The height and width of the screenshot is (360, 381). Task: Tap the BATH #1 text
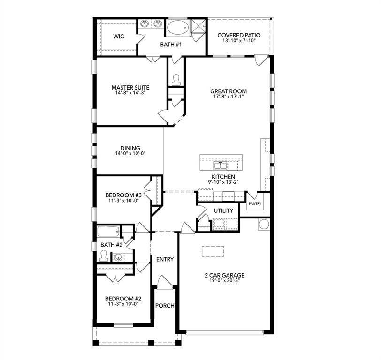(171, 45)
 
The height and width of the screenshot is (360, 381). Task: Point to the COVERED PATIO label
(239, 35)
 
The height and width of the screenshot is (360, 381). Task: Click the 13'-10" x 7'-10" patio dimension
(239, 41)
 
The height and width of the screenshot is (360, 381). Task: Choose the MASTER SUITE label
(130, 87)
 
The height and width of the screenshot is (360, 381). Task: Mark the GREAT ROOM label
(228, 91)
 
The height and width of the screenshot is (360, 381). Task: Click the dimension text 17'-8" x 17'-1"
(228, 97)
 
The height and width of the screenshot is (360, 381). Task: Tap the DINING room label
(130, 148)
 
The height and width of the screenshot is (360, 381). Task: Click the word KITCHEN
(223, 177)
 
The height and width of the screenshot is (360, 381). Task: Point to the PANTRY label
(255, 204)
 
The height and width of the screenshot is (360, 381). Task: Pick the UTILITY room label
(223, 211)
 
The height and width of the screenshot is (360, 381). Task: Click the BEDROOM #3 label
(123, 195)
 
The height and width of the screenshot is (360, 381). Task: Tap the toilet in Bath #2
(103, 256)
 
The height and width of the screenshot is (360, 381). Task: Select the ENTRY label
(165, 259)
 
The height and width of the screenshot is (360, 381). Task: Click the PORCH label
(165, 306)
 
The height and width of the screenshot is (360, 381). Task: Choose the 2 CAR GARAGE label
(225, 275)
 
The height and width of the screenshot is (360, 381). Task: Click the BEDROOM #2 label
(123, 299)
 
